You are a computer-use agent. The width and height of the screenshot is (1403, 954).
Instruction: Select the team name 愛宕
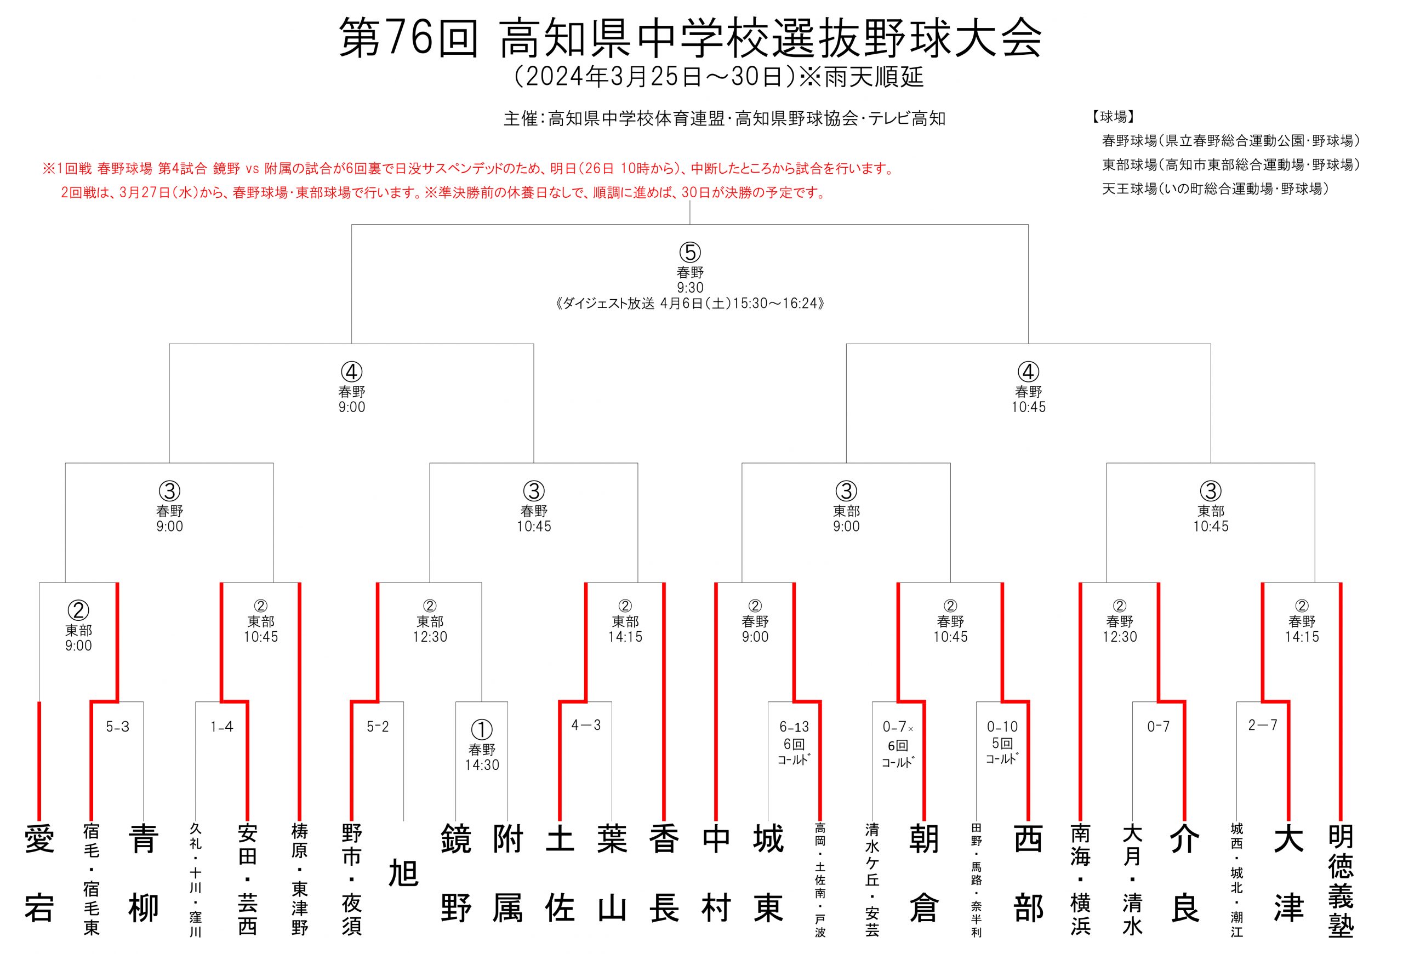39,874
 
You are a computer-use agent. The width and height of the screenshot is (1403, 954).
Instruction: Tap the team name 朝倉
923,874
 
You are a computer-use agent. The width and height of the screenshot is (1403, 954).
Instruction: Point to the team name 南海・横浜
1080,880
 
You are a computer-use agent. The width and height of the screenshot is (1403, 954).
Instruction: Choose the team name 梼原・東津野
299,880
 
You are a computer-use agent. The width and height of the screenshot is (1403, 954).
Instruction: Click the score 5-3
118,727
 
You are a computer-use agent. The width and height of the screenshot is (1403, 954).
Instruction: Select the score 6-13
794,727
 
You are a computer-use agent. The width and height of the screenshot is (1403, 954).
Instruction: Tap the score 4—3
586,725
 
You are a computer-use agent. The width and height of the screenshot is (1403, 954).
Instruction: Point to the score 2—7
1263,725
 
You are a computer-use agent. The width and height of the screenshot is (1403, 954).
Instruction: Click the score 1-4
221,727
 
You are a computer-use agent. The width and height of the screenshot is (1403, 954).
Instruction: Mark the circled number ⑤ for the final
690,252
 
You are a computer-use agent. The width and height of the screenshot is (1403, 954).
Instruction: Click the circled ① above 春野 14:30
482,730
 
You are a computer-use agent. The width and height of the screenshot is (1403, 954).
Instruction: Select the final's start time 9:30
690,287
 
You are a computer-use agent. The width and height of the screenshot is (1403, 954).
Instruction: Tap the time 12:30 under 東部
430,637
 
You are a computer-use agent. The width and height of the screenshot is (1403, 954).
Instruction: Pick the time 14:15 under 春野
1302,637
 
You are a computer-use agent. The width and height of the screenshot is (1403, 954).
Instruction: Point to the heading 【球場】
1113,117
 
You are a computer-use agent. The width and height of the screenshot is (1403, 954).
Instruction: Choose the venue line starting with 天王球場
1215,189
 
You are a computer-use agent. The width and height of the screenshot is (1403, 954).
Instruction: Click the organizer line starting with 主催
725,118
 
